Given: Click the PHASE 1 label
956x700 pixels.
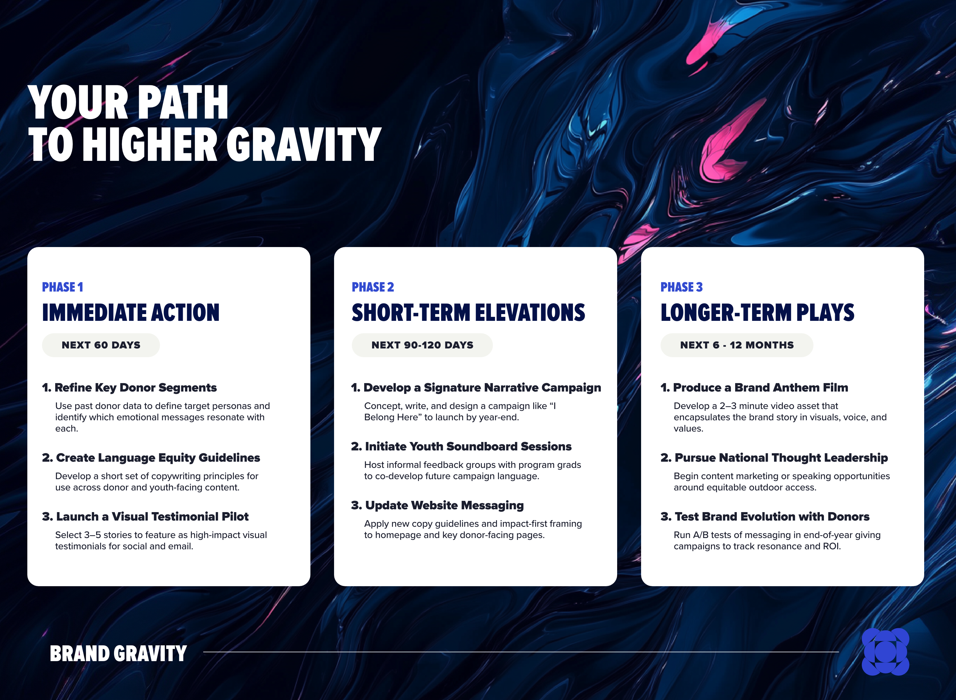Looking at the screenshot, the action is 62,287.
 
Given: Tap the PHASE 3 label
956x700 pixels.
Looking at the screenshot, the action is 681,287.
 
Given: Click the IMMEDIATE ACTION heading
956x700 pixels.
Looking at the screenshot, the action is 130,313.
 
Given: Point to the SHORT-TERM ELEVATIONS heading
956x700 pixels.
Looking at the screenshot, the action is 468,313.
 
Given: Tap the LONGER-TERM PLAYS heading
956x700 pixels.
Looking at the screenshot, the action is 757,313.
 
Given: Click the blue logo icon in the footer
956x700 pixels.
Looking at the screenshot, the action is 885,652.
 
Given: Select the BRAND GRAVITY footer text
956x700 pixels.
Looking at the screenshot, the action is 118,654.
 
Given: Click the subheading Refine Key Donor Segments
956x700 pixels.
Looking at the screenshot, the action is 129,388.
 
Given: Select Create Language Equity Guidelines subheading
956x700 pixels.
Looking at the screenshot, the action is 151,458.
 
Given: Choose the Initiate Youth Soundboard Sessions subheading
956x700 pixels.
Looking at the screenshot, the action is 461,446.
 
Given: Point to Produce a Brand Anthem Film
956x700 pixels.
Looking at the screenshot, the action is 754,388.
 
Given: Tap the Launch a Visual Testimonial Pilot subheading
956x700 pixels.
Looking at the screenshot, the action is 145,517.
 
